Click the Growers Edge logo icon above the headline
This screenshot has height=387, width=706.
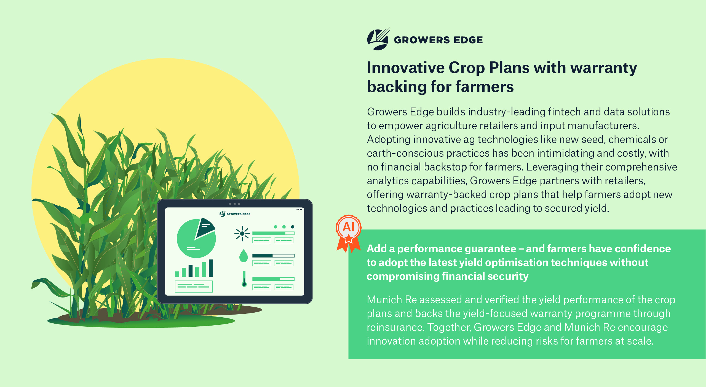pyautogui.click(x=378, y=39)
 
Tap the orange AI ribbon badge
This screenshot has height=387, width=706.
pyautogui.click(x=349, y=233)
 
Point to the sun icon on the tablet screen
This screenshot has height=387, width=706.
pyautogui.click(x=242, y=234)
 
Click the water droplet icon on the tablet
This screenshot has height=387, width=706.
pyautogui.click(x=244, y=256)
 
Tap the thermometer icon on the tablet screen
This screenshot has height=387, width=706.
pyautogui.click(x=244, y=279)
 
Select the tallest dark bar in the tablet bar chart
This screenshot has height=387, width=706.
pyautogui.click(x=211, y=268)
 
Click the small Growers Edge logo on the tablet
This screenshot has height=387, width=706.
pyautogui.click(x=235, y=214)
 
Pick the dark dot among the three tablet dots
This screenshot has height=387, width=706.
pyautogui.click(x=293, y=227)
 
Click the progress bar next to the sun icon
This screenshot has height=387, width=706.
pyautogui.click(x=273, y=233)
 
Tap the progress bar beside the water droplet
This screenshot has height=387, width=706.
pyautogui.click(x=273, y=256)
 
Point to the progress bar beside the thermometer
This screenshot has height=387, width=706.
pyautogui.click(x=273, y=279)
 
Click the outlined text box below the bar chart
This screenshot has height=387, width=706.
pyautogui.click(x=194, y=286)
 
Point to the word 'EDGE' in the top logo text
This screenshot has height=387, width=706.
pyautogui.click(x=468, y=40)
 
